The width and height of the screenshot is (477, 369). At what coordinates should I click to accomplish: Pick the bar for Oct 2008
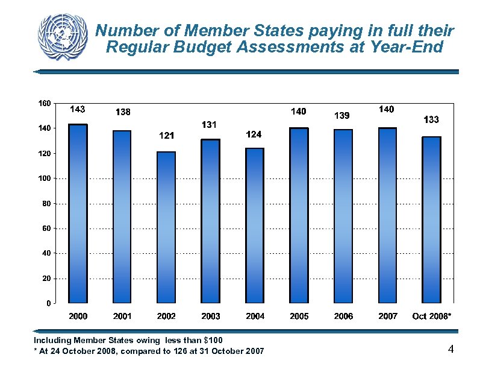[x=431, y=219]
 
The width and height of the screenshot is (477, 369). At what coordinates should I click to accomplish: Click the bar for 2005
[x=299, y=215]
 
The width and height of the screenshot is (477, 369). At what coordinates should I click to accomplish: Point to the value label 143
[x=78, y=109]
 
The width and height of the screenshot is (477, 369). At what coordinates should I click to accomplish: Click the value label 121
[x=166, y=136]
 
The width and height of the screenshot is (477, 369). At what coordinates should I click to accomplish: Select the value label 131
[x=209, y=124]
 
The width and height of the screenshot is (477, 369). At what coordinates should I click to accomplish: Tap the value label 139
[x=342, y=115]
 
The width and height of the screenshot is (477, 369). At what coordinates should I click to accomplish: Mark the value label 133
[x=431, y=120]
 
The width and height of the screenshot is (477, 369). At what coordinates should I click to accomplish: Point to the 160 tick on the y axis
[x=44, y=103]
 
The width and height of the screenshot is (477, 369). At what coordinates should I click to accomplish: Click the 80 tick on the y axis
[x=46, y=204]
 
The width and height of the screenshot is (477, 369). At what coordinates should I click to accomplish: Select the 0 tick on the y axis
[x=48, y=303]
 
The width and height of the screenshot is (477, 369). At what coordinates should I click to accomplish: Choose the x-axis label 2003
[x=210, y=316]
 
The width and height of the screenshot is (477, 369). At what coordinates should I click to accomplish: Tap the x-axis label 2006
[x=343, y=316]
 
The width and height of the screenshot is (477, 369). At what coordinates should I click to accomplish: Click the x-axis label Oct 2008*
[x=431, y=316]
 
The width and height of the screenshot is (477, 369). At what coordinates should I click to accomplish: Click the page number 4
[x=450, y=349]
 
